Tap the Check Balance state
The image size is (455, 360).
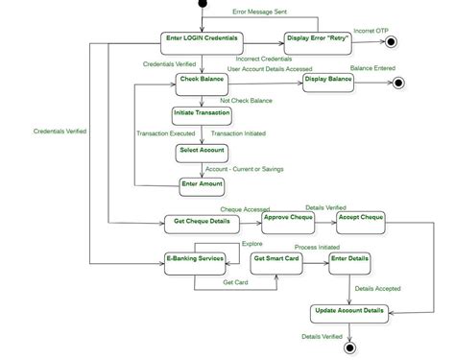(200, 84)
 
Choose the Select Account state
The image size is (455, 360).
(201, 151)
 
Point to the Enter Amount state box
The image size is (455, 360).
(202, 185)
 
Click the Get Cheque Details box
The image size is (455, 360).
(202, 223)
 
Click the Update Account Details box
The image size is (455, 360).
(349, 312)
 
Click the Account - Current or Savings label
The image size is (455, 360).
(245, 169)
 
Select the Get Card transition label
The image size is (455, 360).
(236, 282)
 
